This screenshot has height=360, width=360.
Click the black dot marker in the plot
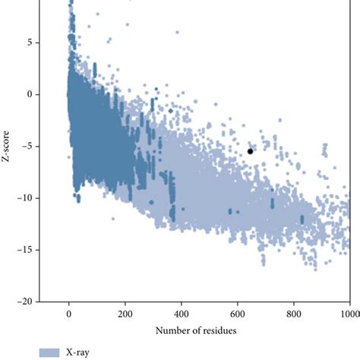pyautogui.click(x=250, y=151)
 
